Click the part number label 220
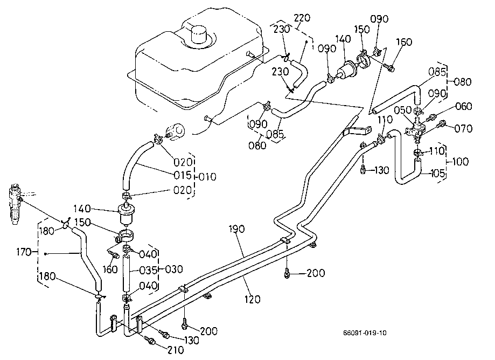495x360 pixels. pyautogui.click(x=302, y=18)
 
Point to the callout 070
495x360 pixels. pyautogui.click(x=464, y=128)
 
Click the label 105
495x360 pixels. pyautogui.click(x=438, y=173)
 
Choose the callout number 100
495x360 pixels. pyautogui.click(x=461, y=162)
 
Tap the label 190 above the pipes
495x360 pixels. pyautogui.click(x=236, y=230)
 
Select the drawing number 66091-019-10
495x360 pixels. pyautogui.click(x=365, y=333)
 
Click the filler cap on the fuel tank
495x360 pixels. pyautogui.click(x=198, y=35)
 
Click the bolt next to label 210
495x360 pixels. pyautogui.click(x=150, y=341)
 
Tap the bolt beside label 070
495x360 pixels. pyautogui.click(x=442, y=125)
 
